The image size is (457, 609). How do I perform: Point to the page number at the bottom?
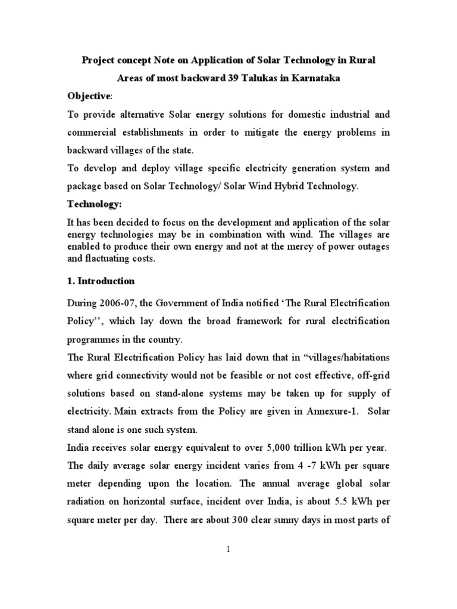(228, 550)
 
